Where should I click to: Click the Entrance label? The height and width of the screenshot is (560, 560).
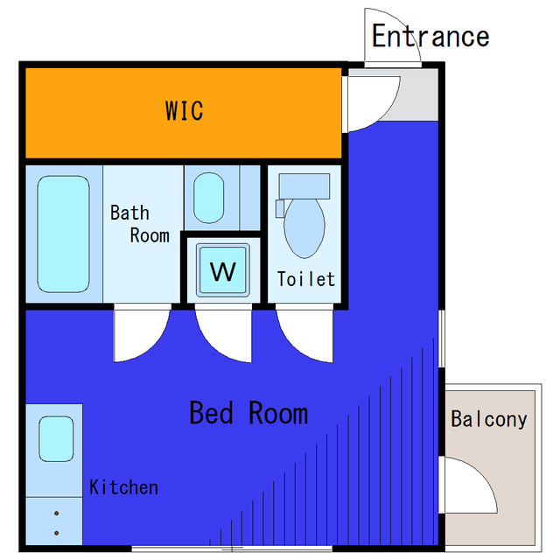430,36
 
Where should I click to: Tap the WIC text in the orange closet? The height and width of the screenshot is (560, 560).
185,111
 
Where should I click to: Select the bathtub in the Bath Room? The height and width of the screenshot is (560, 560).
63,234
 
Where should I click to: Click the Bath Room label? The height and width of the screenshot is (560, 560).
140,224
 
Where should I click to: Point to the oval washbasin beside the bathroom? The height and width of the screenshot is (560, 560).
208,198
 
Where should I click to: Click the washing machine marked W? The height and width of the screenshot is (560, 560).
223,270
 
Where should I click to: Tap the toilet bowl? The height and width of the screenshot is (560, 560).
304,227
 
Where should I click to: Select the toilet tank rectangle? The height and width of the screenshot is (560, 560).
304,186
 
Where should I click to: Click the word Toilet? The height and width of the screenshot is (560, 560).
306,279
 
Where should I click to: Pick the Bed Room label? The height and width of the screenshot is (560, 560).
248,413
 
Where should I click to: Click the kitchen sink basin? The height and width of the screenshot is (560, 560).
56,438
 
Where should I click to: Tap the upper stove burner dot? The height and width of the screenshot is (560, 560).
56,514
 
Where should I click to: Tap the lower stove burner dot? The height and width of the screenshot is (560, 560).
56,533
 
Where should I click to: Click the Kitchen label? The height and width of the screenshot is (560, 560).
123,487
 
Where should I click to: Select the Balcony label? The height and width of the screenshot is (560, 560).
488,419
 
